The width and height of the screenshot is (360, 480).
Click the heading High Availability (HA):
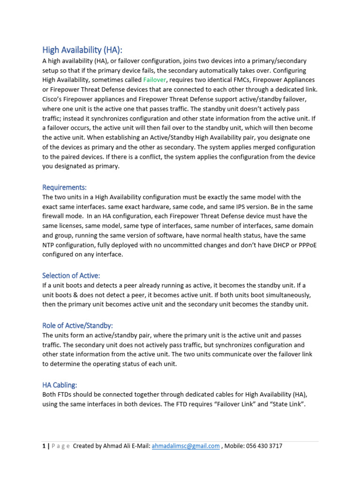[84, 50]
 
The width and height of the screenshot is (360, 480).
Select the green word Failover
[154, 80]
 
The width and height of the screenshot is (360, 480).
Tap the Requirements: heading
[65, 187]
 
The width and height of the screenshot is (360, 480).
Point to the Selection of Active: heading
[71, 276]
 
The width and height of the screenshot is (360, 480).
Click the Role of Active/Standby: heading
[78, 325]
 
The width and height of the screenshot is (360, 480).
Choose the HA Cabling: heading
[60, 385]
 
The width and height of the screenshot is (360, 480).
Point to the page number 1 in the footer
[44, 446]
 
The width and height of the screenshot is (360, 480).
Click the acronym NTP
[49, 245]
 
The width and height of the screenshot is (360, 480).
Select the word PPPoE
[306, 245]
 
